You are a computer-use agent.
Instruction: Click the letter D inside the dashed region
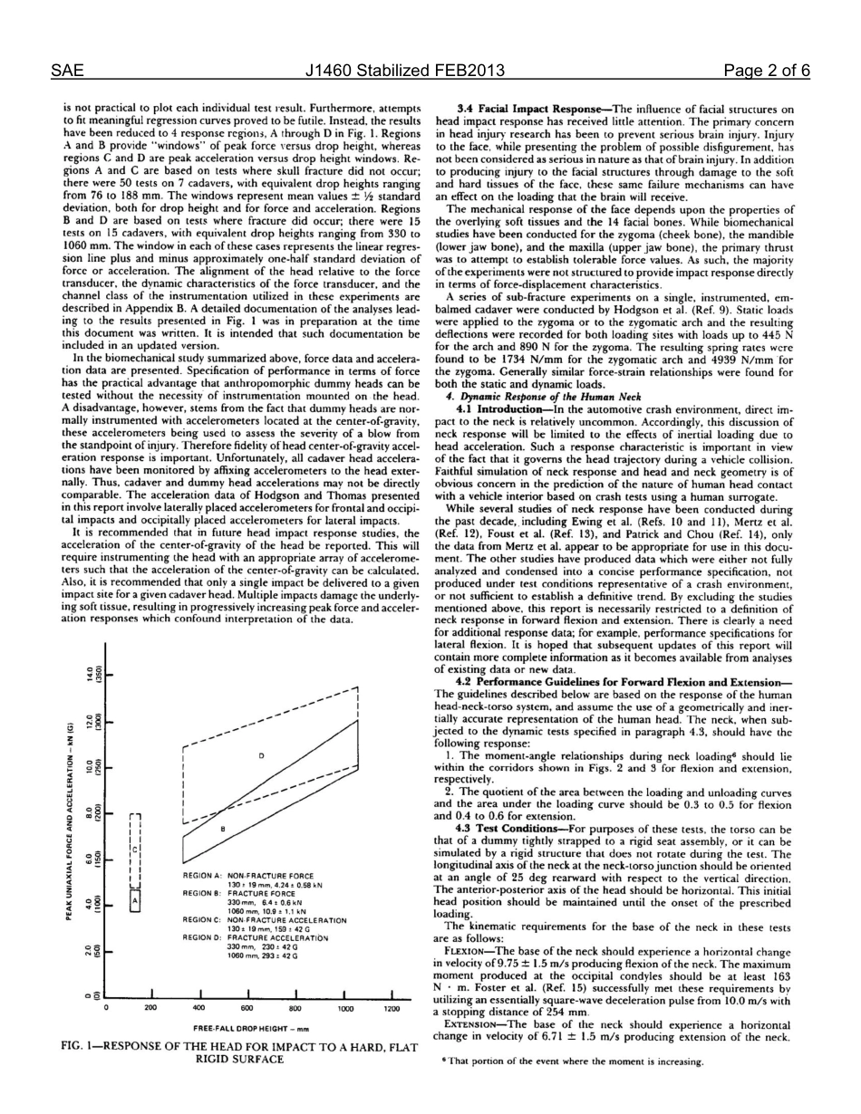coord(262,754)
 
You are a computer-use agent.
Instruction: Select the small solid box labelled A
coord(135,902)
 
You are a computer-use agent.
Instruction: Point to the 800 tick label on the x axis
coord(295,1006)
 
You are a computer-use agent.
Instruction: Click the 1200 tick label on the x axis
coord(392,1006)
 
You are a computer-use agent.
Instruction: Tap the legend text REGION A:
coord(202,876)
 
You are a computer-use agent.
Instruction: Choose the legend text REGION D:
coord(202,937)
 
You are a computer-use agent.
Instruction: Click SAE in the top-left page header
coord(66,72)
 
